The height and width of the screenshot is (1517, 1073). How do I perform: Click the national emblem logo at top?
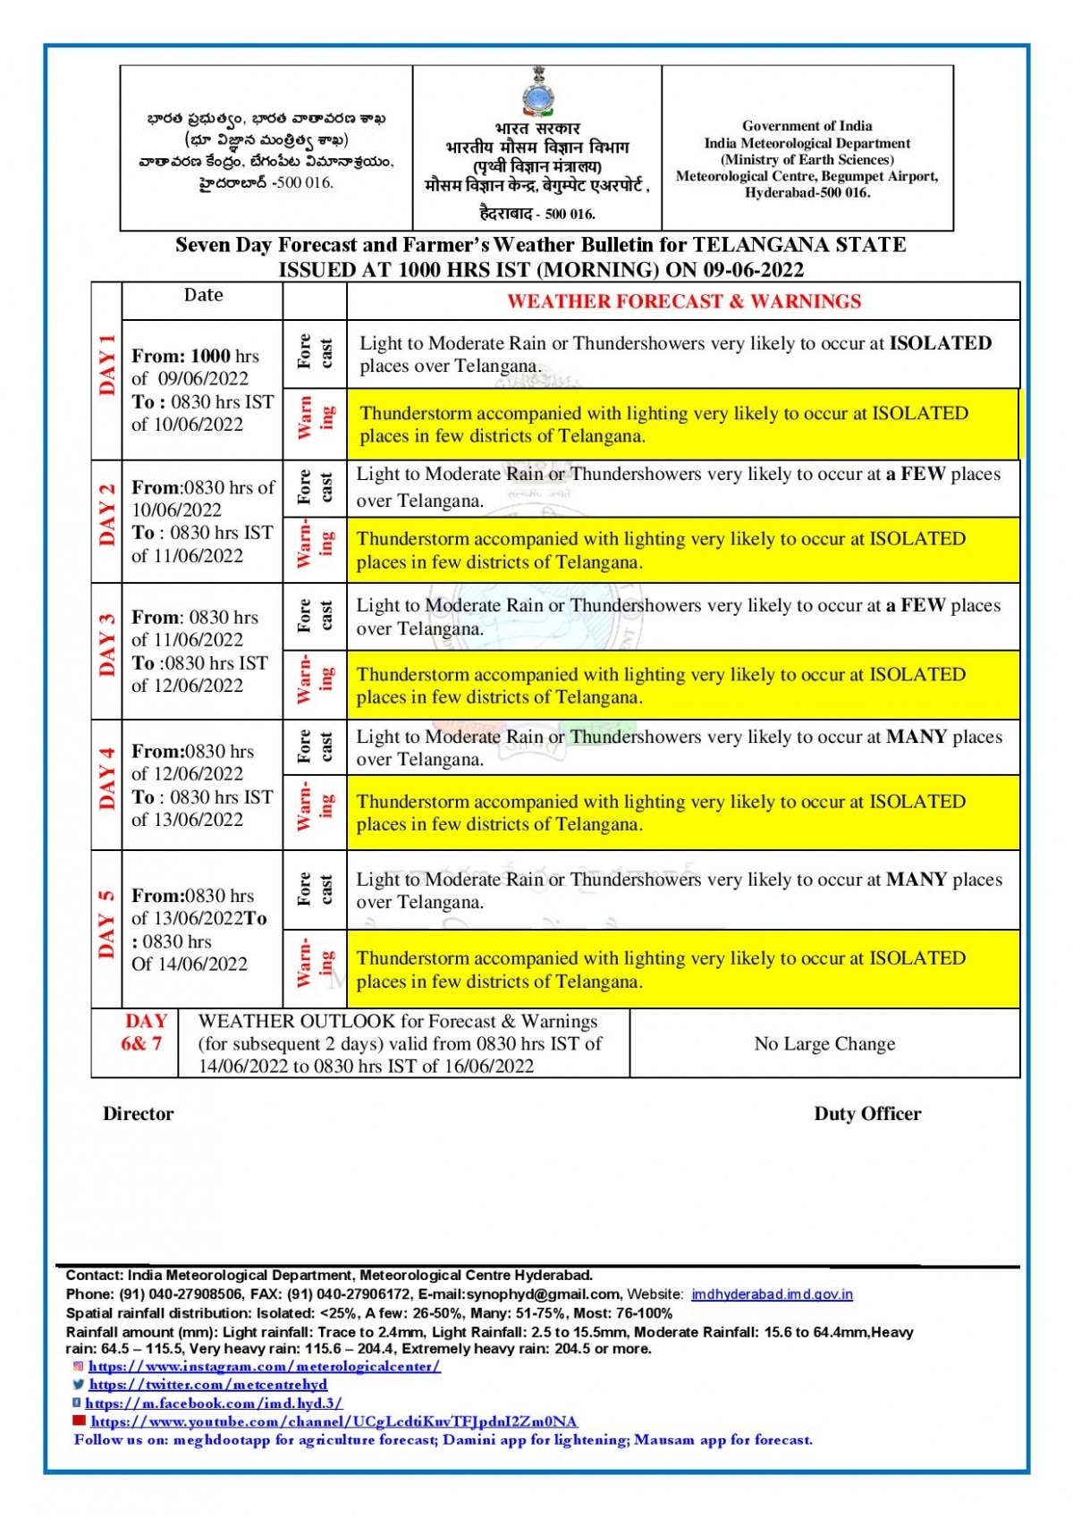click(x=536, y=91)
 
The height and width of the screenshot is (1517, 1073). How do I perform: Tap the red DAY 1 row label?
click(x=107, y=365)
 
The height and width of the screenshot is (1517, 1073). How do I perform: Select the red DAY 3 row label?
click(x=107, y=645)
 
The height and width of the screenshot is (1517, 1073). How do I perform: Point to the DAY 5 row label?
click(x=107, y=924)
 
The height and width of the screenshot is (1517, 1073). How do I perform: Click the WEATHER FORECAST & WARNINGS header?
click(x=684, y=301)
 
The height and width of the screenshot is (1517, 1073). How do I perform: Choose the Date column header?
click(x=203, y=295)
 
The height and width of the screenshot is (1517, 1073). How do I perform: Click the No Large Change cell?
click(x=824, y=1043)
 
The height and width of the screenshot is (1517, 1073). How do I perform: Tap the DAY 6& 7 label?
click(x=143, y=1032)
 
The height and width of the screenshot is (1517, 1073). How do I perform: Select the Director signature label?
click(x=139, y=1114)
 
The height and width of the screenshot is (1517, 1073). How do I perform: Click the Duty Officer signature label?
click(x=867, y=1114)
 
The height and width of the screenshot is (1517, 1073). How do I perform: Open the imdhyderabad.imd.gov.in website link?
click(x=772, y=1294)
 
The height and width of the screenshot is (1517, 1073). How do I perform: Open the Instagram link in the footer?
click(x=264, y=1366)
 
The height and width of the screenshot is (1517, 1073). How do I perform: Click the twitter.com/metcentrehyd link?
click(x=207, y=1385)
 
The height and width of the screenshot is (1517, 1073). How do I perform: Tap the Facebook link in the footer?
click(x=214, y=1403)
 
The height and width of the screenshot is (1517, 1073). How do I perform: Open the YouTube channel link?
click(x=334, y=1421)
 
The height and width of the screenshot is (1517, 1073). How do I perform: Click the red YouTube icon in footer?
click(x=80, y=1420)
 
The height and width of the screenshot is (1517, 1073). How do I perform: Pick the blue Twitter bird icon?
click(x=79, y=1384)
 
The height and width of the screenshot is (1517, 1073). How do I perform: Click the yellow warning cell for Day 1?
click(x=682, y=425)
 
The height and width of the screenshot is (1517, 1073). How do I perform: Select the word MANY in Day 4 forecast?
click(x=917, y=737)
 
